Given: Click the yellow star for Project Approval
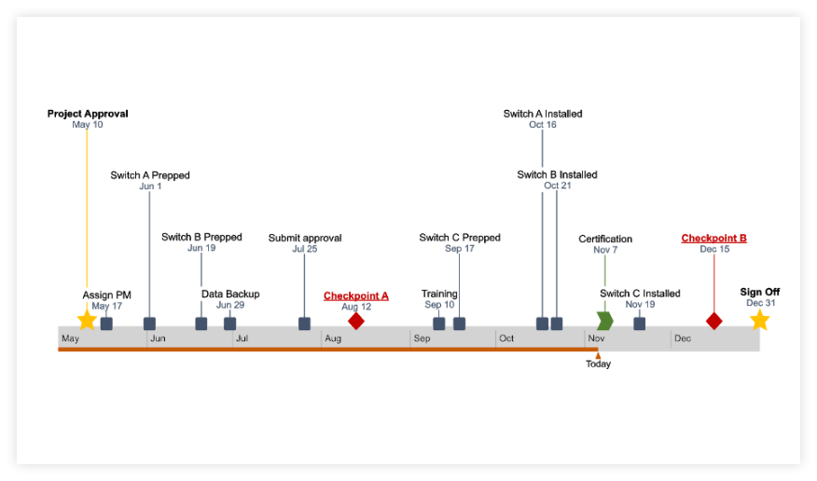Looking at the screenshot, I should pyautogui.click(x=87, y=320).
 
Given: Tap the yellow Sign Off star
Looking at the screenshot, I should pyautogui.click(x=759, y=320).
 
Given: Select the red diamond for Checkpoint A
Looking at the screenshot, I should pyautogui.click(x=355, y=321).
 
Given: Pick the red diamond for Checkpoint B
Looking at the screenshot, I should pyautogui.click(x=713, y=321).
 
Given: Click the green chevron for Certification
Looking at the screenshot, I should pyautogui.click(x=604, y=321).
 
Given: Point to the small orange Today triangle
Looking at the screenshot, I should pyautogui.click(x=598, y=354).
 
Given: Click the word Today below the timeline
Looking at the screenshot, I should pyautogui.click(x=598, y=364).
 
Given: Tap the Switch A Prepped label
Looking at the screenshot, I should pyautogui.click(x=149, y=175).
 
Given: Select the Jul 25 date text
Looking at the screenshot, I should pyautogui.click(x=305, y=249).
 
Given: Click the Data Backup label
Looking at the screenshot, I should pyautogui.click(x=230, y=295).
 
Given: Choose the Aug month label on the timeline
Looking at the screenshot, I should pyautogui.click(x=333, y=338).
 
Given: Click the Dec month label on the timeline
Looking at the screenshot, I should pyautogui.click(x=683, y=338).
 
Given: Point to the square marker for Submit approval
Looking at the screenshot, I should pyautogui.click(x=304, y=323).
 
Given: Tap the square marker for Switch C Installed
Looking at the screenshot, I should pyautogui.click(x=639, y=323).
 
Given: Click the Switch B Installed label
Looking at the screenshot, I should pyautogui.click(x=557, y=175).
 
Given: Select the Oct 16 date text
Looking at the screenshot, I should pyautogui.click(x=543, y=125).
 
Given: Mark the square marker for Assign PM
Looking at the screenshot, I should pyautogui.click(x=106, y=323).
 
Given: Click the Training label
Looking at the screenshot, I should pyautogui.click(x=439, y=295).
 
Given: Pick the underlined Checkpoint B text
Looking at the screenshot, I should pyautogui.click(x=713, y=239).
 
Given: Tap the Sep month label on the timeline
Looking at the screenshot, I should pyautogui.click(x=422, y=338).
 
